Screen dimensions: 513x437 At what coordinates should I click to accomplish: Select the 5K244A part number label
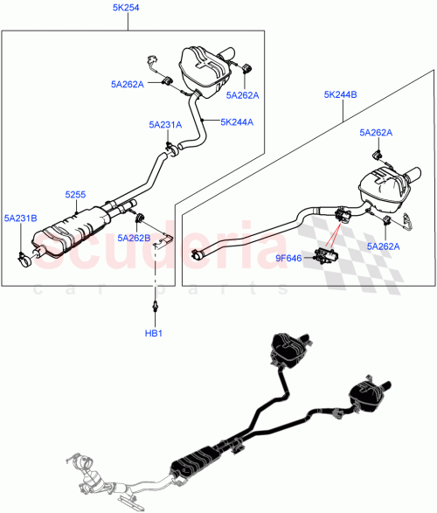pos(237,121)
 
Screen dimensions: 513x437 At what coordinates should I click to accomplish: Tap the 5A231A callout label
pos(164,125)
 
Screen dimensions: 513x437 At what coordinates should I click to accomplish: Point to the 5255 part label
pos(75,197)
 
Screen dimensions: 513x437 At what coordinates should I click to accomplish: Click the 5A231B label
pos(20,218)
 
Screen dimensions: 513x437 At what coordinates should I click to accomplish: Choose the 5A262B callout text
pos(134,237)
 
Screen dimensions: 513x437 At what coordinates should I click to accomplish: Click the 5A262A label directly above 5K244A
pos(243,94)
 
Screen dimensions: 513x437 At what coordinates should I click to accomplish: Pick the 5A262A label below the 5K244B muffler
pos(383,247)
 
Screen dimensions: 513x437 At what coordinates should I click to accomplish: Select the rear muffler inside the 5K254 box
pos(203,66)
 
